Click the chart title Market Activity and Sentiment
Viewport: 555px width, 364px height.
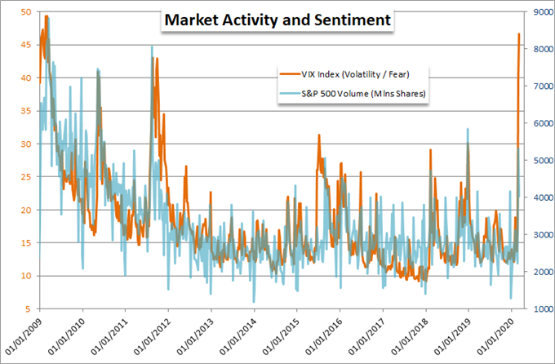point(276,18)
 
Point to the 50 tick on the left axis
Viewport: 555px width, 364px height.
point(26,12)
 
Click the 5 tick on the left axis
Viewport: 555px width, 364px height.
point(29,309)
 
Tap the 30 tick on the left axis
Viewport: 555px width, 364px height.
point(26,144)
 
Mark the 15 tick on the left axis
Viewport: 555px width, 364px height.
point(26,243)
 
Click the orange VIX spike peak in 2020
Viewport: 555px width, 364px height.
point(519,34)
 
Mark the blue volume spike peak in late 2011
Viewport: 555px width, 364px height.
point(152,47)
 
